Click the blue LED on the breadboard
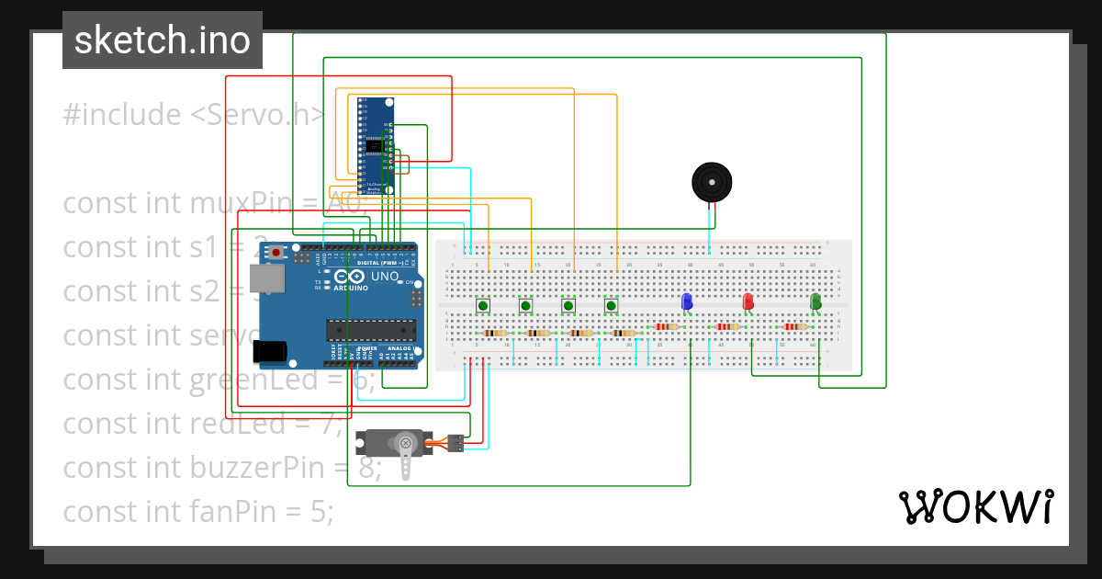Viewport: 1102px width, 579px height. pyautogui.click(x=685, y=301)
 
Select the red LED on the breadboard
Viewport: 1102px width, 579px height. pyautogui.click(x=748, y=301)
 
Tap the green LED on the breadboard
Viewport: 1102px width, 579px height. pyautogui.click(x=815, y=301)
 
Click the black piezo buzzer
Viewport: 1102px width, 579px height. pyautogui.click(x=713, y=183)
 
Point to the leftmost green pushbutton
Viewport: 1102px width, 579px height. pyautogui.click(x=482, y=306)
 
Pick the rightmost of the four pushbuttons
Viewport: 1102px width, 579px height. pyautogui.click(x=611, y=306)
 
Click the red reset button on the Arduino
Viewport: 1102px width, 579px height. pyautogui.click(x=275, y=251)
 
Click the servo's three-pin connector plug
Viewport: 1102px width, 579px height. pyautogui.click(x=454, y=442)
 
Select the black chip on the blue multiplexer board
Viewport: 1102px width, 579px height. pyautogui.click(x=373, y=146)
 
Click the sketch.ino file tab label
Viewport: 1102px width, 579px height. pyautogui.click(x=163, y=40)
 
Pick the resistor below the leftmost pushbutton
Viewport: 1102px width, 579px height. pyautogui.click(x=495, y=333)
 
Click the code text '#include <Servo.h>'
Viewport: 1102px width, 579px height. pyautogui.click(x=194, y=115)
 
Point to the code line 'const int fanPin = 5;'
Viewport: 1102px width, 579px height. pyautogui.click(x=198, y=511)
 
